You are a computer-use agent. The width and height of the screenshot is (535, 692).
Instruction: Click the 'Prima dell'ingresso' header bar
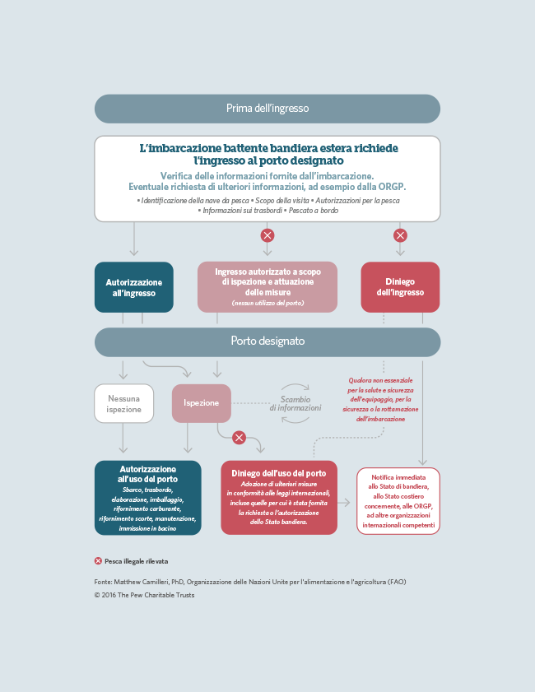point(267,109)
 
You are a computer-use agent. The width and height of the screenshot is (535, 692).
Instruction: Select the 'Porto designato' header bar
point(267,341)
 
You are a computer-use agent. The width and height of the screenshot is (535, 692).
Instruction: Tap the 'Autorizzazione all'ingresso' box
point(133,287)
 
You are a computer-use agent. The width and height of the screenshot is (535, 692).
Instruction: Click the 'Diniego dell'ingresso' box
point(400,287)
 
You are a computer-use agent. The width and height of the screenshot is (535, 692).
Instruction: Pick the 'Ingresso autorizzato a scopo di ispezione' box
point(267,287)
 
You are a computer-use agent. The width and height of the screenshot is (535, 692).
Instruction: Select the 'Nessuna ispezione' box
point(124,403)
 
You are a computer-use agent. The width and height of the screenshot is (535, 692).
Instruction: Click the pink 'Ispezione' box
point(202,403)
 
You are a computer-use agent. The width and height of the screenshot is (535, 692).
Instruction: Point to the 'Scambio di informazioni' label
point(295,403)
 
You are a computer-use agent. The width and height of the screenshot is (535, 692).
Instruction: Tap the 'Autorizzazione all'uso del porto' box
point(148,498)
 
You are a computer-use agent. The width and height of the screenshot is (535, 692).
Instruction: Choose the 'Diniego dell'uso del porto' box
point(279,498)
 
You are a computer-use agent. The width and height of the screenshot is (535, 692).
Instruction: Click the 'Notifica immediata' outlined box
point(398,501)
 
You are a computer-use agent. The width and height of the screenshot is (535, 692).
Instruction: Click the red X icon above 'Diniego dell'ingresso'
point(400,235)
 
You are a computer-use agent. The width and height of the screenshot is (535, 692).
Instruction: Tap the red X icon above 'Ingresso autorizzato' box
point(267,235)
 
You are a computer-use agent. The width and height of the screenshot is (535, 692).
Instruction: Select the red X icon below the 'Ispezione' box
point(240,438)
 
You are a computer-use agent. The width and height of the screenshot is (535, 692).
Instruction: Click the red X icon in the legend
point(98,561)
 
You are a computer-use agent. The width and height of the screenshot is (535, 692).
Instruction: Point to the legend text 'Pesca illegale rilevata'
point(137,561)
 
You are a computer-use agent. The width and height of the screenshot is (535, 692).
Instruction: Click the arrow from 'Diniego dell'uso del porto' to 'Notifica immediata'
point(344,502)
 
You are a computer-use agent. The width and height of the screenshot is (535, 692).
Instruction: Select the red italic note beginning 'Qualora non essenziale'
point(380,399)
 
